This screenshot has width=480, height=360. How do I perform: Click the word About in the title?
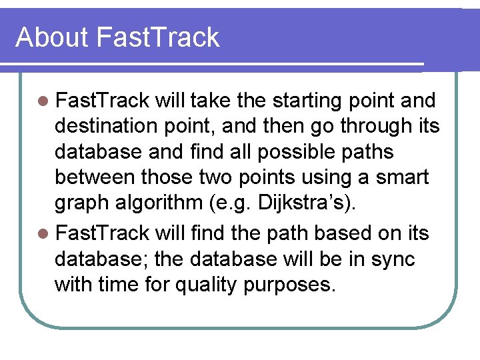[52, 37]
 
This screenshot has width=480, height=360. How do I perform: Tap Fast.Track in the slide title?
[157, 37]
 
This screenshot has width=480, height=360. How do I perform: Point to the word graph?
[83, 204]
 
